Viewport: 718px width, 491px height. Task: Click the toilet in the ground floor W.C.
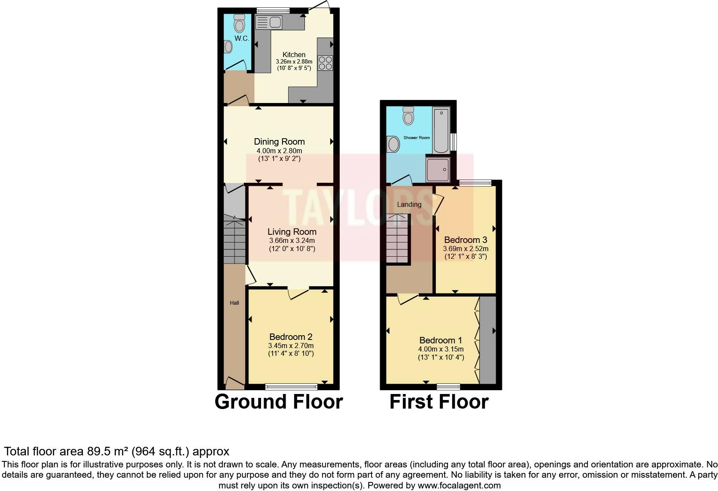tap(239, 24)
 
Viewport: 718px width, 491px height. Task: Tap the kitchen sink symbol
tap(268, 22)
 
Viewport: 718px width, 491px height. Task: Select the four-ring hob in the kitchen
tap(325, 63)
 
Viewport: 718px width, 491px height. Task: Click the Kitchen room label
tap(294, 55)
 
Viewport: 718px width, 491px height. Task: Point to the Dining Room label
tap(279, 142)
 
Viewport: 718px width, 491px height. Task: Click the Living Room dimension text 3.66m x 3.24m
tap(292, 241)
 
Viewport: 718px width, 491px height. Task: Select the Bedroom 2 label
tap(291, 337)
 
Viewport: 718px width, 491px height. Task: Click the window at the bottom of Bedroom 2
tap(291, 387)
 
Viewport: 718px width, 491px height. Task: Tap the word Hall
tap(234, 303)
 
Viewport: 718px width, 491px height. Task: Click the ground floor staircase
tap(234, 242)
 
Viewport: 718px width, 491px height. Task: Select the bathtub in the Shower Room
tap(441, 130)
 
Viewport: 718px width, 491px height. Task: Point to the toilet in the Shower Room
tap(408, 115)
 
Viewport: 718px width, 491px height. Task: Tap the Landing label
tap(409, 204)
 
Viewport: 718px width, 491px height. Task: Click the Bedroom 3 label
tap(465, 240)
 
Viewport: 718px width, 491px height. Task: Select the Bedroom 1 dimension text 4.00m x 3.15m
tap(441, 350)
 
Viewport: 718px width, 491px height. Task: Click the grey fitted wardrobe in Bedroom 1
tap(487, 340)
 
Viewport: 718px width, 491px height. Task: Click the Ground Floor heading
tap(279, 402)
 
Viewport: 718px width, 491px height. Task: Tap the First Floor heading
tap(439, 402)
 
